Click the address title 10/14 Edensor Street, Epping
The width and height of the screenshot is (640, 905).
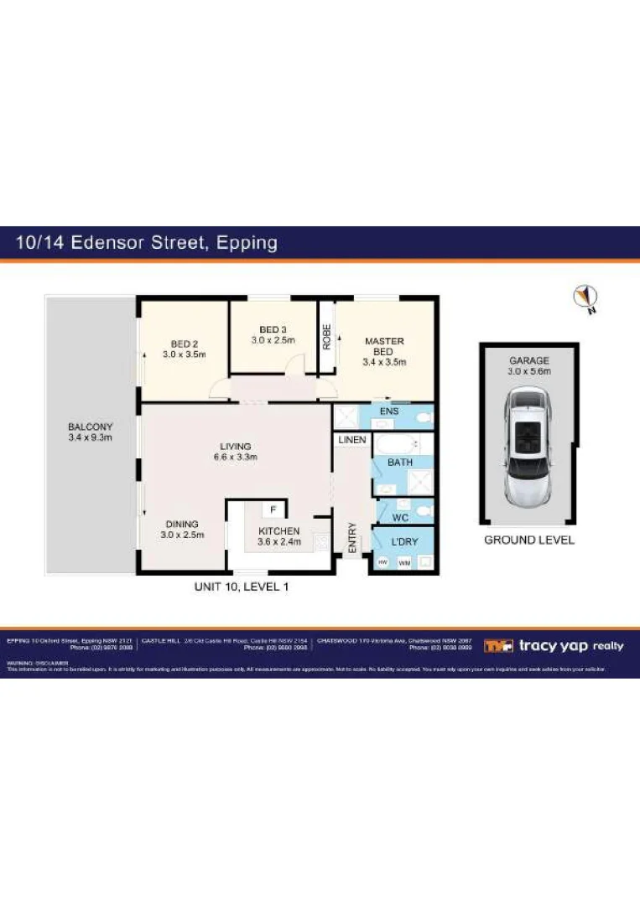click(147, 243)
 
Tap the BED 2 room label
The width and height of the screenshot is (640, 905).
click(184, 349)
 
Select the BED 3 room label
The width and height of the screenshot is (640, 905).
click(273, 334)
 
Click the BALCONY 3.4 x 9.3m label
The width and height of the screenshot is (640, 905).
click(90, 432)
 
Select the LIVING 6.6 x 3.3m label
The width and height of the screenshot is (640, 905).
click(235, 452)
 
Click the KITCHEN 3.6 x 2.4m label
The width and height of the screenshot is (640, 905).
click(279, 536)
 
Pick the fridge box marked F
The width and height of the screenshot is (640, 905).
click(273, 509)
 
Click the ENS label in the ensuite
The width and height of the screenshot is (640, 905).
click(388, 411)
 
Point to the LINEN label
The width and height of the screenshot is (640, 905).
click(351, 440)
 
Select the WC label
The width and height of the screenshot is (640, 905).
click(388, 518)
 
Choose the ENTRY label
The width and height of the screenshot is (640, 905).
click(351, 537)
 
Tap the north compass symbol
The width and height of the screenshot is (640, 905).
click(584, 297)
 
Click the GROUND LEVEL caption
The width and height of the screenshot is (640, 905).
click(529, 540)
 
